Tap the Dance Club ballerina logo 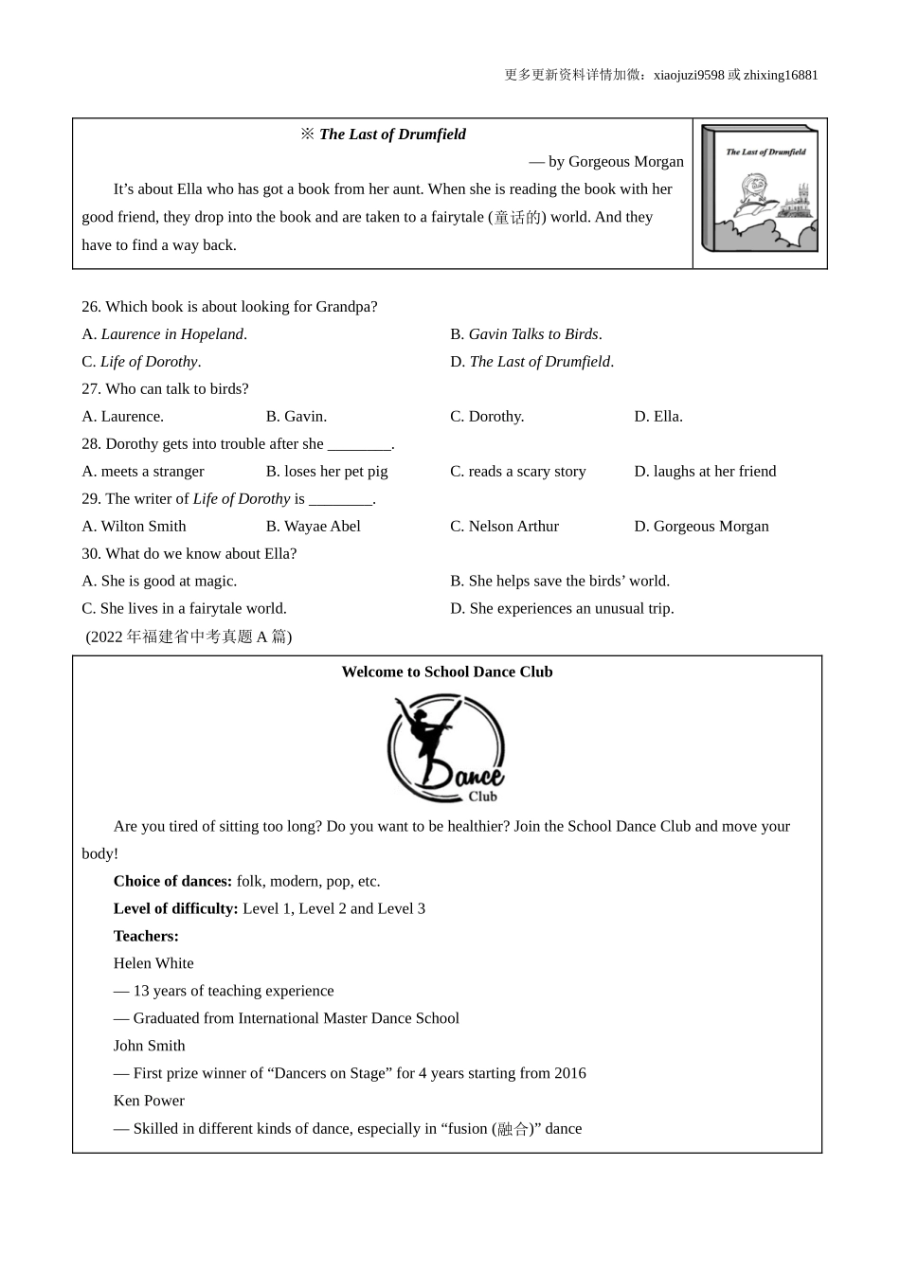[x=446, y=749]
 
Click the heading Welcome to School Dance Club [x=447, y=672]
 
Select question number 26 [x=91, y=307]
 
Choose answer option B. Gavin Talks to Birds [x=526, y=334]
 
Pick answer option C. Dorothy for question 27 [x=487, y=417]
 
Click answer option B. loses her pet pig [x=327, y=472]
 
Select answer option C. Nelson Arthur [x=504, y=527]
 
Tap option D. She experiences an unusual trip [x=562, y=609]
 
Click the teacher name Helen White [x=153, y=963]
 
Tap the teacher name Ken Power [x=149, y=1101]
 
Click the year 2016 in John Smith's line [x=568, y=1073]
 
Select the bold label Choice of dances [x=172, y=881]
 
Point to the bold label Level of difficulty [x=175, y=908]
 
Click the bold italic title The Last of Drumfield [x=392, y=134]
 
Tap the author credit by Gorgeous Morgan [x=606, y=162]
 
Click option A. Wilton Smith [x=134, y=527]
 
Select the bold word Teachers [x=146, y=936]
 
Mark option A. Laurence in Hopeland [x=164, y=334]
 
